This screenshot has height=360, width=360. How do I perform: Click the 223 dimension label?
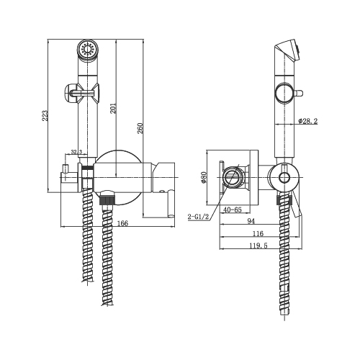(x=45, y=115)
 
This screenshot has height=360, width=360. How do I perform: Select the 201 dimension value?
(x=113, y=108)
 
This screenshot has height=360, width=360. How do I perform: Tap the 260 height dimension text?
(x=140, y=128)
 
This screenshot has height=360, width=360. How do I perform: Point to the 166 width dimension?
(x=123, y=223)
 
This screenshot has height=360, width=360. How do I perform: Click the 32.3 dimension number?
(x=76, y=152)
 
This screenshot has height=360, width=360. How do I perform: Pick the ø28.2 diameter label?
(x=308, y=121)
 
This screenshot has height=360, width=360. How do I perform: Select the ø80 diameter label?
(x=204, y=177)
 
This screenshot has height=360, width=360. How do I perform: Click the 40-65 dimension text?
(x=233, y=210)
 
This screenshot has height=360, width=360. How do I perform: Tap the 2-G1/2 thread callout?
(x=198, y=217)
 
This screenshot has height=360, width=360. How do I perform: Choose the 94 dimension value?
(x=251, y=221)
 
